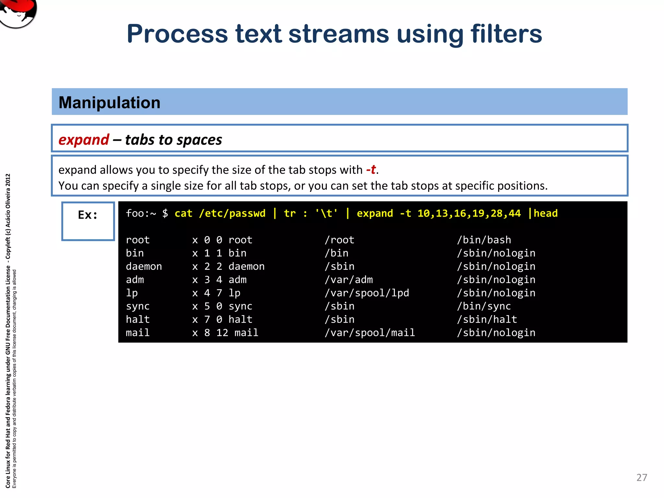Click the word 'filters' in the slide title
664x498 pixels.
tap(506, 34)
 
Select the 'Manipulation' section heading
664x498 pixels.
tap(110, 102)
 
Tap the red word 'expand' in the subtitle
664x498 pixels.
tap(84, 140)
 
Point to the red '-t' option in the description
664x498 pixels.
tap(371, 170)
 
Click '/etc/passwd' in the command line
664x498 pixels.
tap(232, 213)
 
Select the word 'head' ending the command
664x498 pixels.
tap(546, 213)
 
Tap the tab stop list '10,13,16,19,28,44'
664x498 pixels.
tap(469, 213)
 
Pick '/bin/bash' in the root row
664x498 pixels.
tap(484, 240)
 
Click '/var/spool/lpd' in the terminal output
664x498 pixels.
tap(367, 293)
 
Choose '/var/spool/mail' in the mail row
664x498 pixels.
tap(370, 333)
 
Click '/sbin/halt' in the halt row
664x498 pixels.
tap(487, 319)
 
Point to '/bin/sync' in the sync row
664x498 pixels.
tap(484, 306)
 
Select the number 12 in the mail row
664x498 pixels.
tap(222, 333)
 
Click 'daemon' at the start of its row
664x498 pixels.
tap(144, 267)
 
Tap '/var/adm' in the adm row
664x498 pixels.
tap(349, 280)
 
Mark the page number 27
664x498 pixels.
tap(642, 478)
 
